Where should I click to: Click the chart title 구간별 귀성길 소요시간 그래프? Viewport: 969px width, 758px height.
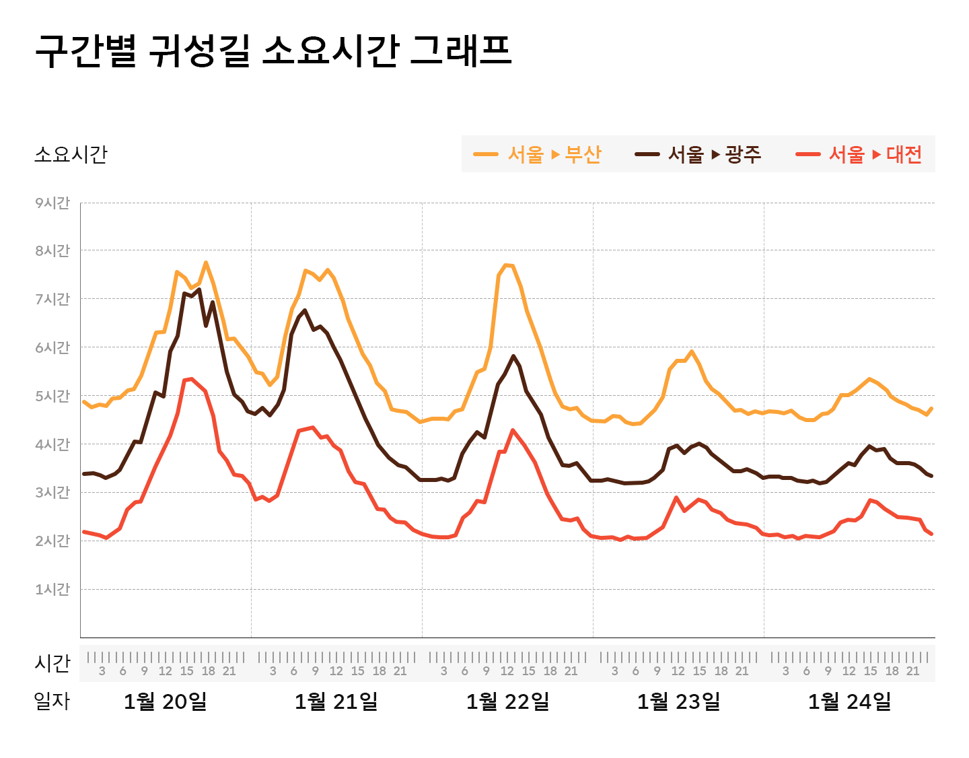[273, 51]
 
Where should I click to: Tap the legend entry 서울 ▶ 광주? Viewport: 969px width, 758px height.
[698, 154]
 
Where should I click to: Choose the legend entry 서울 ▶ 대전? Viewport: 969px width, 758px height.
[859, 154]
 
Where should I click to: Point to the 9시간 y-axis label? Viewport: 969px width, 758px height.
[52, 203]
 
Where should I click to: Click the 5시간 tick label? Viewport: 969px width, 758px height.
[52, 396]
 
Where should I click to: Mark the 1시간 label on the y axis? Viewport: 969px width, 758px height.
[52, 589]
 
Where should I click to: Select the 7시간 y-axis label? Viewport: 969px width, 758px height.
[52, 299]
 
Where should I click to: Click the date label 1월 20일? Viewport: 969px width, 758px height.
[165, 701]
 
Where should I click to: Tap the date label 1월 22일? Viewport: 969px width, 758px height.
[507, 701]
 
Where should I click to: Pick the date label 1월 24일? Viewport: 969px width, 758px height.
[849, 701]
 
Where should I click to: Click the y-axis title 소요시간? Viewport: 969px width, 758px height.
[71, 154]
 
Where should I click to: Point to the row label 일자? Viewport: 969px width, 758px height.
[52, 701]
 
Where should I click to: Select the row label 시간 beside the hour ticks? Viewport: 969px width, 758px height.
[52, 663]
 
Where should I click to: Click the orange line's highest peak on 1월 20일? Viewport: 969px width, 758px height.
[206, 263]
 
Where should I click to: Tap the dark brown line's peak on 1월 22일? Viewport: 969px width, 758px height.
[513, 355]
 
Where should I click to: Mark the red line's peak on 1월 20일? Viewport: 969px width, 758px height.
[191, 379]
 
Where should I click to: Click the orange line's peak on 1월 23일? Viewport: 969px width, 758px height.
[691, 351]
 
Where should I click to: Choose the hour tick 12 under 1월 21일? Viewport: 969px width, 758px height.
[336, 671]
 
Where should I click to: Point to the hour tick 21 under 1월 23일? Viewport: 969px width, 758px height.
[742, 671]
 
